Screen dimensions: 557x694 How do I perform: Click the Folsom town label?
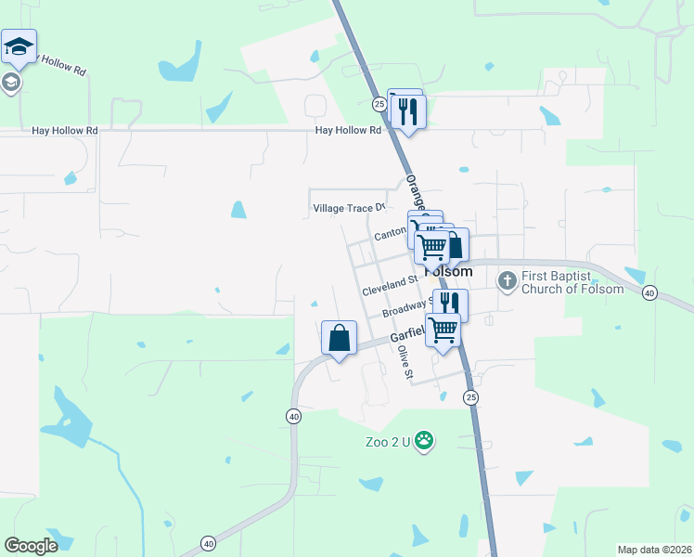(x=448, y=272)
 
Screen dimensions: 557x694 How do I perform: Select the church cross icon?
(x=507, y=279)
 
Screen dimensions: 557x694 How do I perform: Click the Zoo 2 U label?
(x=386, y=442)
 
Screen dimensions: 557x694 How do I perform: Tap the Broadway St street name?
(x=408, y=307)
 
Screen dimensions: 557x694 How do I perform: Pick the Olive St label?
(x=404, y=362)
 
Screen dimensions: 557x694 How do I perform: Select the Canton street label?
(x=391, y=236)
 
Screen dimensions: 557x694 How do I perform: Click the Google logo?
(x=32, y=545)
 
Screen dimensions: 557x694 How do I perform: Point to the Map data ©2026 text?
(x=654, y=549)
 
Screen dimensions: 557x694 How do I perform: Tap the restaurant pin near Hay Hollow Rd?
(x=407, y=112)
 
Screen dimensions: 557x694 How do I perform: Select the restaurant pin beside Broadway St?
(x=450, y=304)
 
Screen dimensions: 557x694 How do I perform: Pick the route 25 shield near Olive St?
(x=470, y=397)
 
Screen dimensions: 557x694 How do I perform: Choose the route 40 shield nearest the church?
(x=649, y=292)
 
